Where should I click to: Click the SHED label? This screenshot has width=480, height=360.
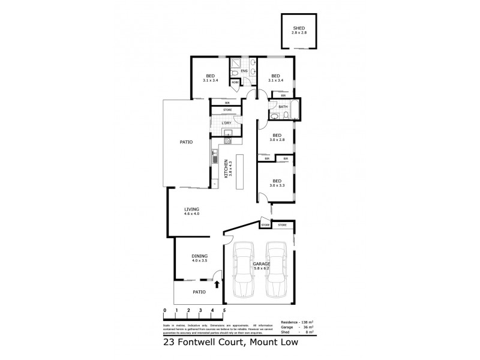click(299, 28)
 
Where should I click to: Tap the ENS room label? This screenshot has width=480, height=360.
click(245, 71)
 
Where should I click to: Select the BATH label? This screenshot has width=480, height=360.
click(283, 107)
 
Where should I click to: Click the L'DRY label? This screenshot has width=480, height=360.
click(226, 124)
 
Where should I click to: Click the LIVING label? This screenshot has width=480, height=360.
click(191, 209)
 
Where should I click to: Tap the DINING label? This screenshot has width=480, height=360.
click(199, 256)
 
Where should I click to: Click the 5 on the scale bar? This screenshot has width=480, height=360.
click(224, 310)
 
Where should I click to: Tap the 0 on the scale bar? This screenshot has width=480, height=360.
click(164, 310)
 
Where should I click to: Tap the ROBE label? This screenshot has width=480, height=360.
click(235, 83)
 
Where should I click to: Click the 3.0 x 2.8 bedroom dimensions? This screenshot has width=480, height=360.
click(277, 140)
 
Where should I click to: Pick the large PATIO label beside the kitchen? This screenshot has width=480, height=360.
click(186, 142)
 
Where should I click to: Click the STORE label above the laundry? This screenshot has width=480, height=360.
click(227, 110)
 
